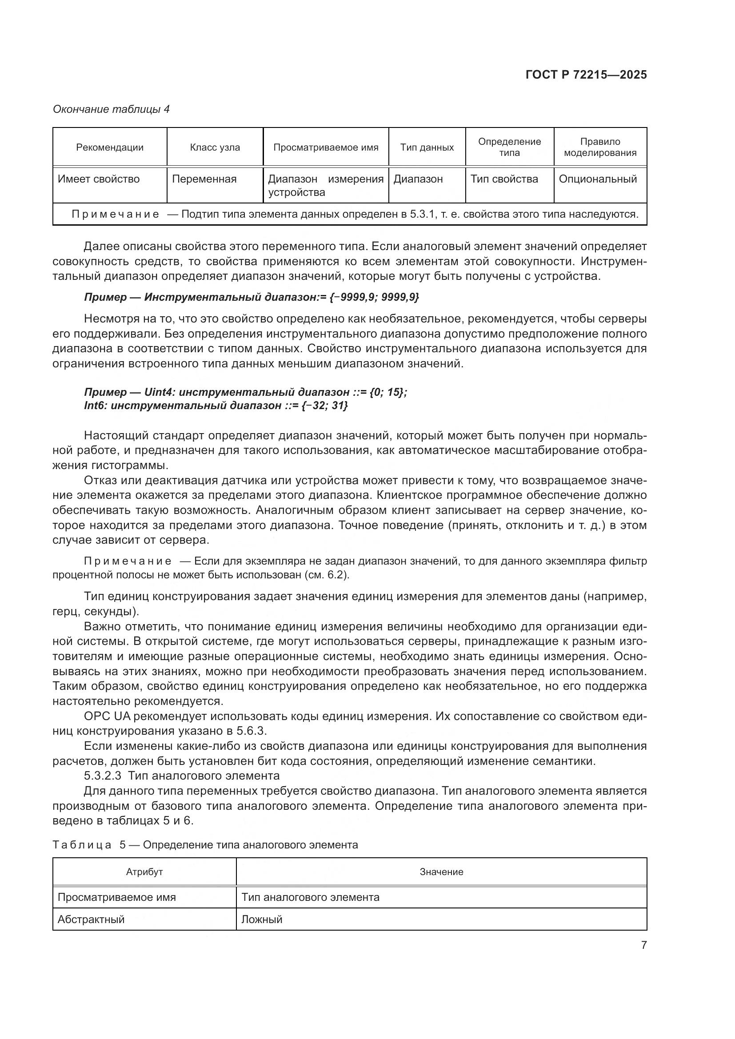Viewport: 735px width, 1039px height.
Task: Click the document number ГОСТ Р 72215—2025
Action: tap(586, 75)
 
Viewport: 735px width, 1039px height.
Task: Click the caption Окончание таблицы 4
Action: tap(111, 109)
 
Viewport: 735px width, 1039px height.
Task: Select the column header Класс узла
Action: tap(215, 147)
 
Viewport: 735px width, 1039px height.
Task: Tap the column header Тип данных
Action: tap(427, 147)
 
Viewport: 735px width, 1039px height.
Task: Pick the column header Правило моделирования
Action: tap(600, 147)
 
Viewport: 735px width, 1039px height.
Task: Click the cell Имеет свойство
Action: tap(99, 179)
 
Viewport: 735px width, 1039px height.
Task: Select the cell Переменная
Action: tap(204, 179)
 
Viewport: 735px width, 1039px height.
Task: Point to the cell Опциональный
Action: tap(598, 179)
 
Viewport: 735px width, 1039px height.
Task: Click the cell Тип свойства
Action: tap(504, 179)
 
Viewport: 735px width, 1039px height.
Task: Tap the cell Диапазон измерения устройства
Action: tap(325, 186)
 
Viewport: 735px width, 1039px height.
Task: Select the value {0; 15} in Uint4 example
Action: tap(387, 392)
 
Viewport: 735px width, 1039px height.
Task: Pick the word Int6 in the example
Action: tap(94, 406)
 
